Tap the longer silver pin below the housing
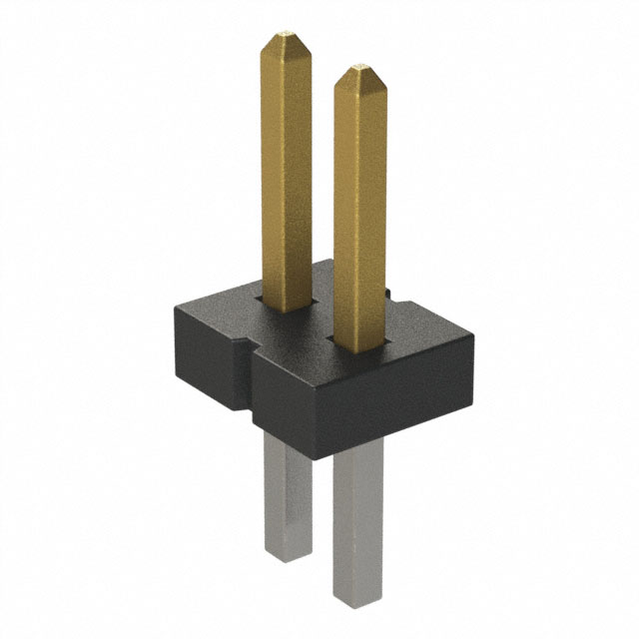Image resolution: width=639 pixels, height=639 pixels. (x=356, y=519)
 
